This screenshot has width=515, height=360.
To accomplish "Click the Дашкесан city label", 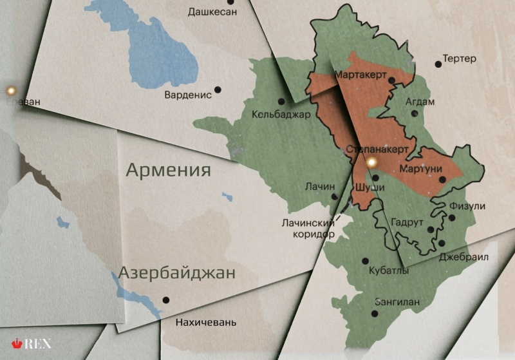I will coord(212,12).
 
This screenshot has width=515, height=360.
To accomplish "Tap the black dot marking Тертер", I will coord(438,64).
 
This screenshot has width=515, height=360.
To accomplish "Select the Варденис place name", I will coord(188,95).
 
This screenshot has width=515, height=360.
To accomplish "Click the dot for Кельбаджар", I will coord(281,101).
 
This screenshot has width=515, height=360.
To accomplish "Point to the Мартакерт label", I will coord(360,75).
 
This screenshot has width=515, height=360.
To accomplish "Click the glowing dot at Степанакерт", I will coord(371,164).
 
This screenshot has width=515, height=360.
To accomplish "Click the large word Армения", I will coord(168,170).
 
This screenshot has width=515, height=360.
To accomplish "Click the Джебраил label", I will coord(464,257).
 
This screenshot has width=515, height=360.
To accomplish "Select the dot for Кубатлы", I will coord(365,261).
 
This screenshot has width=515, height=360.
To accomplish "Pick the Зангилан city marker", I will coord(375,314).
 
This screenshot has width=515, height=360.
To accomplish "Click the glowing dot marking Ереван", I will coord(10,90).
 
